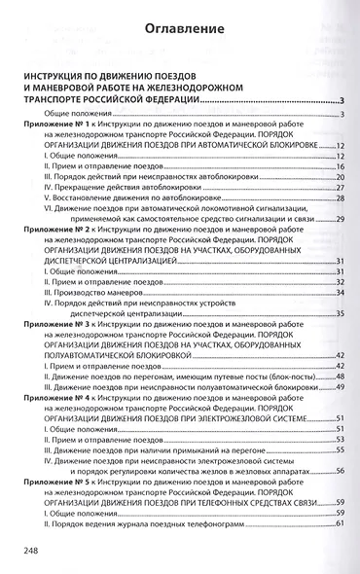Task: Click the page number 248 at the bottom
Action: coord(24,551)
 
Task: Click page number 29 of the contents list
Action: coord(342,218)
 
